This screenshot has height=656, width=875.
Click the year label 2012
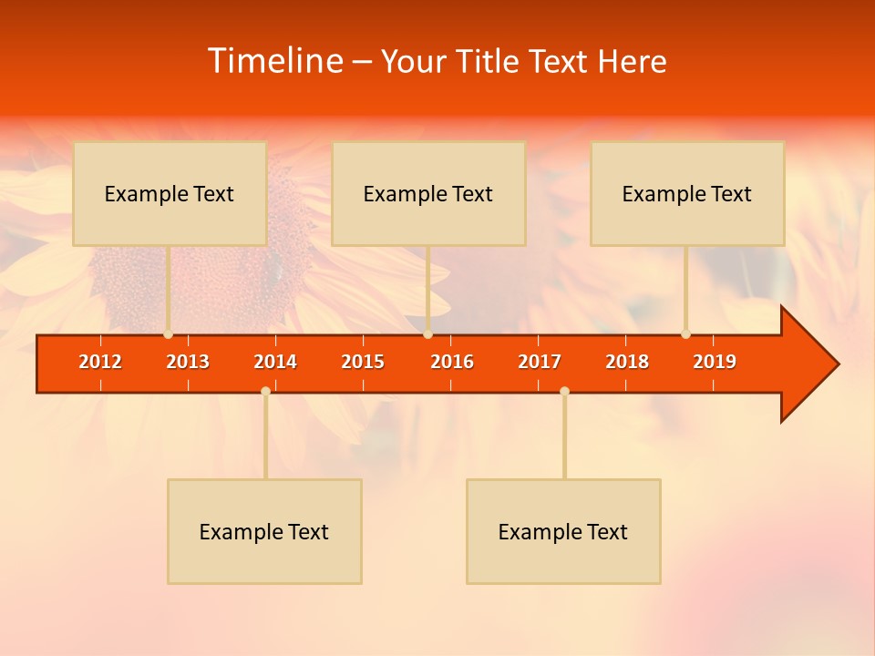[100, 362]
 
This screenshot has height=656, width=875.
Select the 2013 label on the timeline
[188, 362]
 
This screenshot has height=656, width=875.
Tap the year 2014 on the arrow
[275, 362]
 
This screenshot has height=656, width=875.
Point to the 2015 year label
[363, 362]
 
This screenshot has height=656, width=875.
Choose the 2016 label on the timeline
[452, 362]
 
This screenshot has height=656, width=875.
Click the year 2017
[540, 362]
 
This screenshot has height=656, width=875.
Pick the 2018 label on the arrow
[627, 362]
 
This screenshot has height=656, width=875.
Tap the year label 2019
[715, 362]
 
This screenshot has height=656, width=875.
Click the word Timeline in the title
[274, 61]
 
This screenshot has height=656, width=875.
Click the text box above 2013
[170, 193]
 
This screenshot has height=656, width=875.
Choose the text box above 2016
[428, 193]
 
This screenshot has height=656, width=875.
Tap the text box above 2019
[687, 193]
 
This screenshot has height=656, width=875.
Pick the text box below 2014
[264, 531]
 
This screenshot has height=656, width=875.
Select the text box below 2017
[563, 531]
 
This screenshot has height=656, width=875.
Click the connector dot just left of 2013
[168, 334]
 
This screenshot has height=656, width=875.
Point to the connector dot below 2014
[265, 391]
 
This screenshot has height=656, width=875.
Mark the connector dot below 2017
[564, 391]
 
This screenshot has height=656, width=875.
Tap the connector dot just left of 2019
[685, 334]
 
